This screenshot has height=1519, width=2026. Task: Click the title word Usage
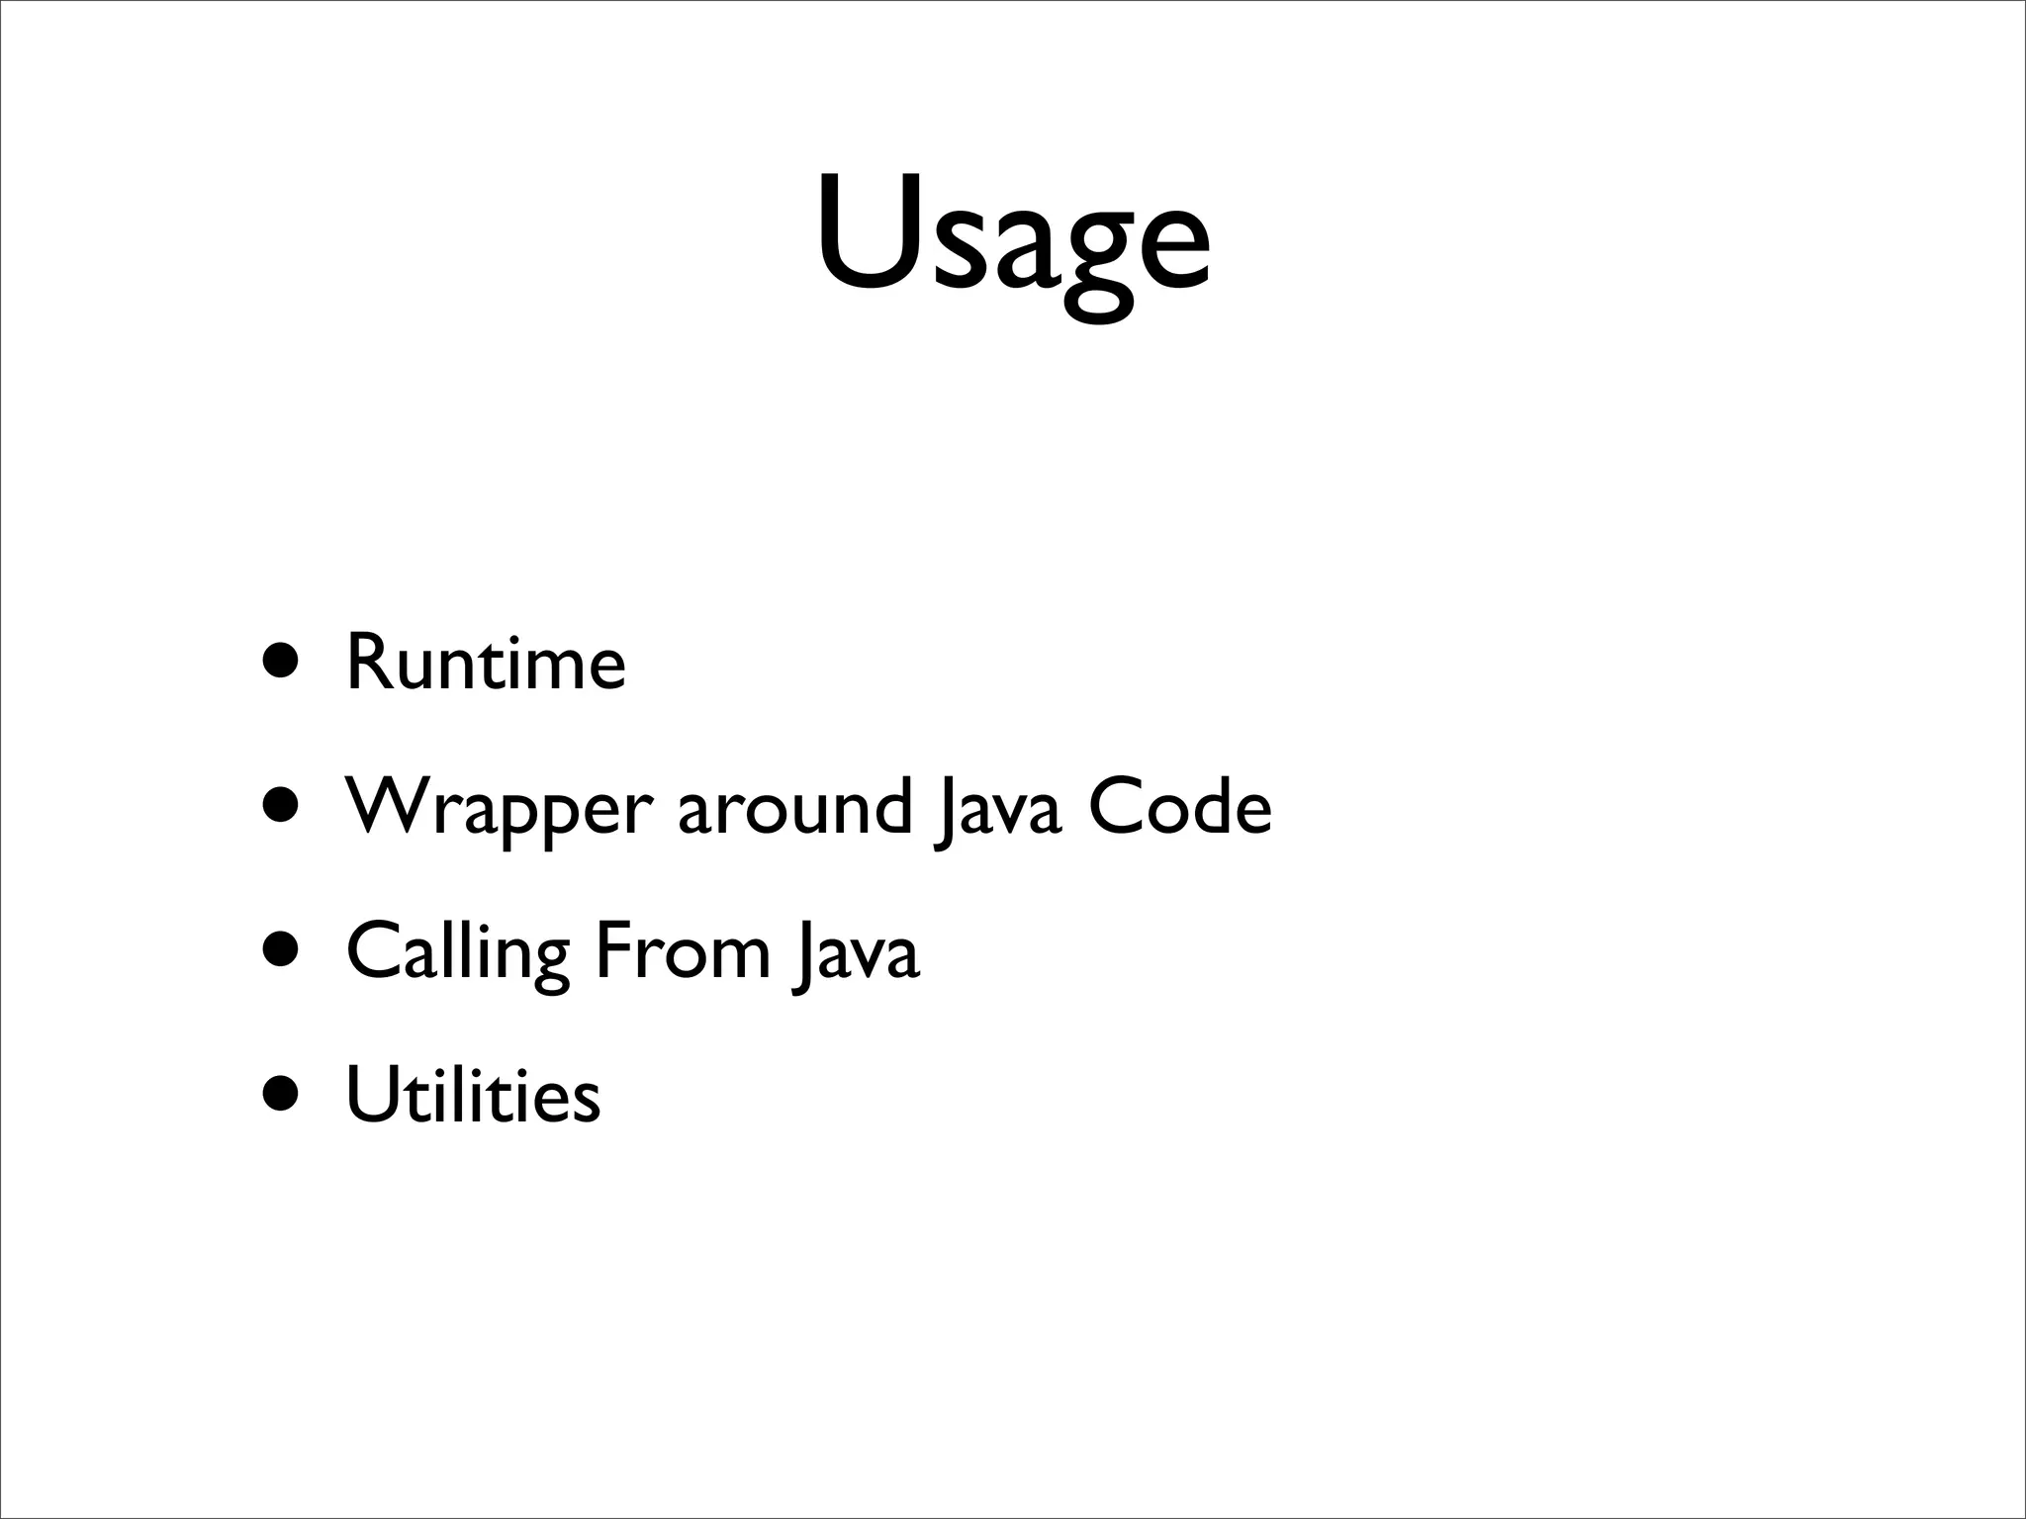coord(1012,237)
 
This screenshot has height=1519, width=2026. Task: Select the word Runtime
coord(486,663)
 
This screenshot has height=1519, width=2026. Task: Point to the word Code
coord(1179,807)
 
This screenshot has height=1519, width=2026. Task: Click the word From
coord(682,951)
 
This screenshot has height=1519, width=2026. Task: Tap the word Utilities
coord(473,1096)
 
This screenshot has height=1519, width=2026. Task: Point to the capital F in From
coord(612,950)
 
